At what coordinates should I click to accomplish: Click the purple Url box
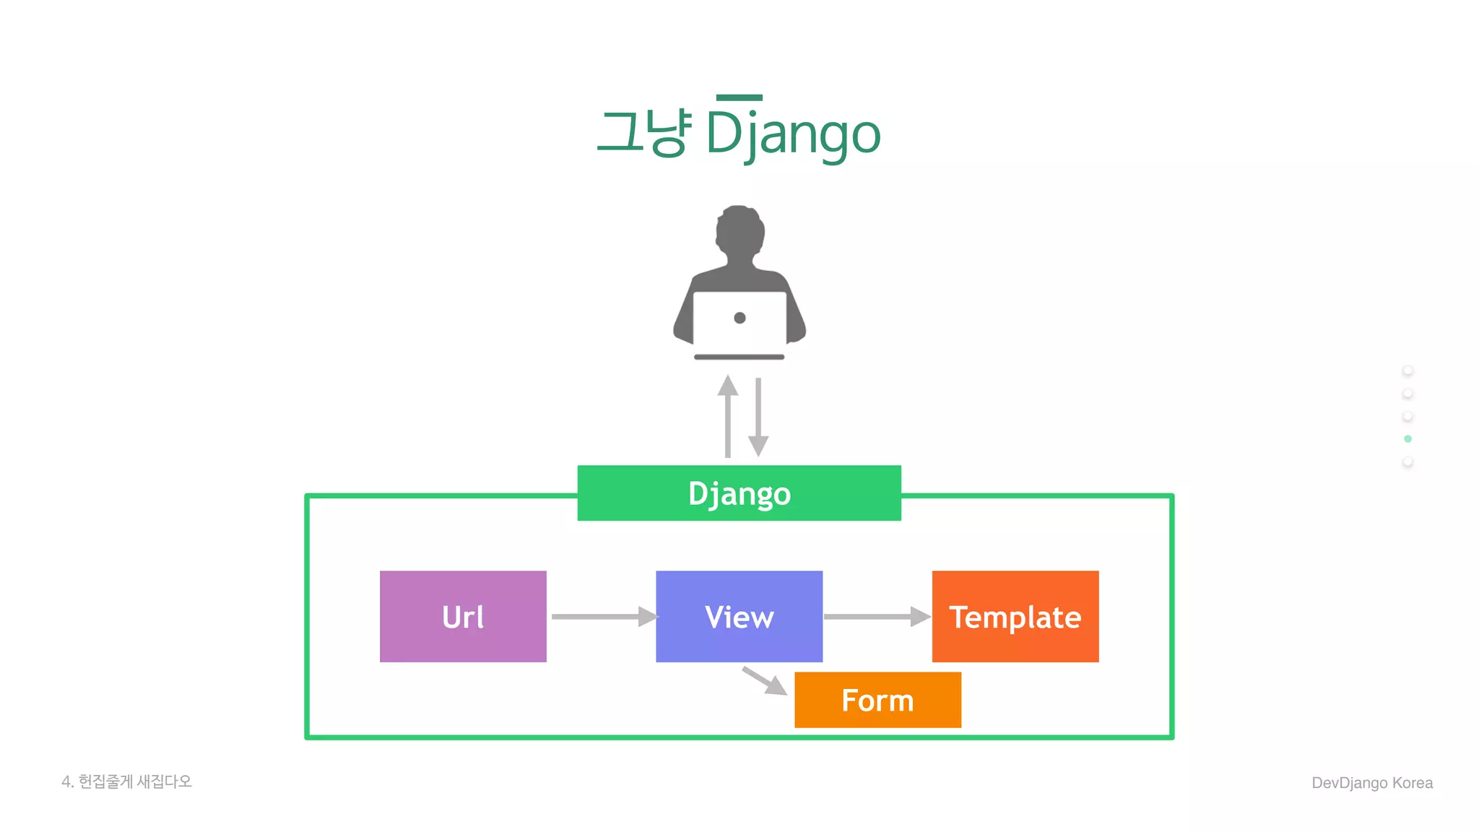coord(463,616)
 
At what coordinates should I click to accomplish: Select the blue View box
coord(739,616)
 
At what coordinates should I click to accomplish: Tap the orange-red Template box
coord(1015,616)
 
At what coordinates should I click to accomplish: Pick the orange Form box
coord(877,700)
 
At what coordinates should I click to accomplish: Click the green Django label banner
coord(739,493)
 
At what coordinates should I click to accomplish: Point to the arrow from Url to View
coord(603,617)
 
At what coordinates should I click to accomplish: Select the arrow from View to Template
coord(875,617)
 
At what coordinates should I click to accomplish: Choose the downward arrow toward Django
coord(758,417)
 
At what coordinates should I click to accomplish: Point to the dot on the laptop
coord(739,318)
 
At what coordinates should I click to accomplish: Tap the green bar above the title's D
coord(739,97)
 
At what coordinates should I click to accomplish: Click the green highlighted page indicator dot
coord(1408,439)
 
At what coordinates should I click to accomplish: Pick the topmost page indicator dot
coord(1408,370)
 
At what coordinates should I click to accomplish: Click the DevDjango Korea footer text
coord(1371,783)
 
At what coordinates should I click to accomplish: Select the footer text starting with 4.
coord(127,781)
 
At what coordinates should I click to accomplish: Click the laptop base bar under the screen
coord(739,357)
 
